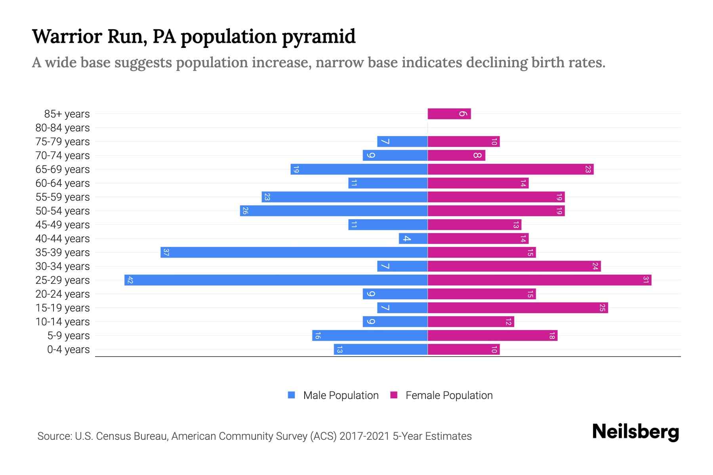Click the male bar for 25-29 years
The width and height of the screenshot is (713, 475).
click(276, 280)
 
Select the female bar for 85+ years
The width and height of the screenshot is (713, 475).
click(449, 114)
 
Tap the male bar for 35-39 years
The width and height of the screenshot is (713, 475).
click(294, 252)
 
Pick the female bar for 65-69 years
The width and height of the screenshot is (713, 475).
click(510, 169)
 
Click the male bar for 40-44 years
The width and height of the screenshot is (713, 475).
click(413, 238)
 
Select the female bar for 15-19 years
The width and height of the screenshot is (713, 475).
click(517, 308)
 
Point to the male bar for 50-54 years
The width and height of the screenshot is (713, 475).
click(334, 211)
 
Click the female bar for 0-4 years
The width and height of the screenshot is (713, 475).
click(463, 349)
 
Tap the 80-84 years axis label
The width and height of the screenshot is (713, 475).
click(63, 128)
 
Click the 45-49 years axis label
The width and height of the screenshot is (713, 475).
click(63, 225)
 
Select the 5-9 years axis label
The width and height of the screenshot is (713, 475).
click(68, 336)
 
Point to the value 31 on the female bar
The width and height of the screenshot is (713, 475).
click(646, 280)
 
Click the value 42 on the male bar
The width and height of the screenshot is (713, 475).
click(130, 280)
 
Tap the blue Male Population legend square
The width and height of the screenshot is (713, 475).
click(292, 395)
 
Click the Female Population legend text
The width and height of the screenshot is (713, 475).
click(449, 395)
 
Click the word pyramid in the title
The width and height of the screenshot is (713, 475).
click(319, 36)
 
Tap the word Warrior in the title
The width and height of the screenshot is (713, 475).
click(67, 36)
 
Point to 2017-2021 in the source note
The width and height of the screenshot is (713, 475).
click(364, 436)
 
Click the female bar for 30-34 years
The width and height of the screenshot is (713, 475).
click(514, 266)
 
